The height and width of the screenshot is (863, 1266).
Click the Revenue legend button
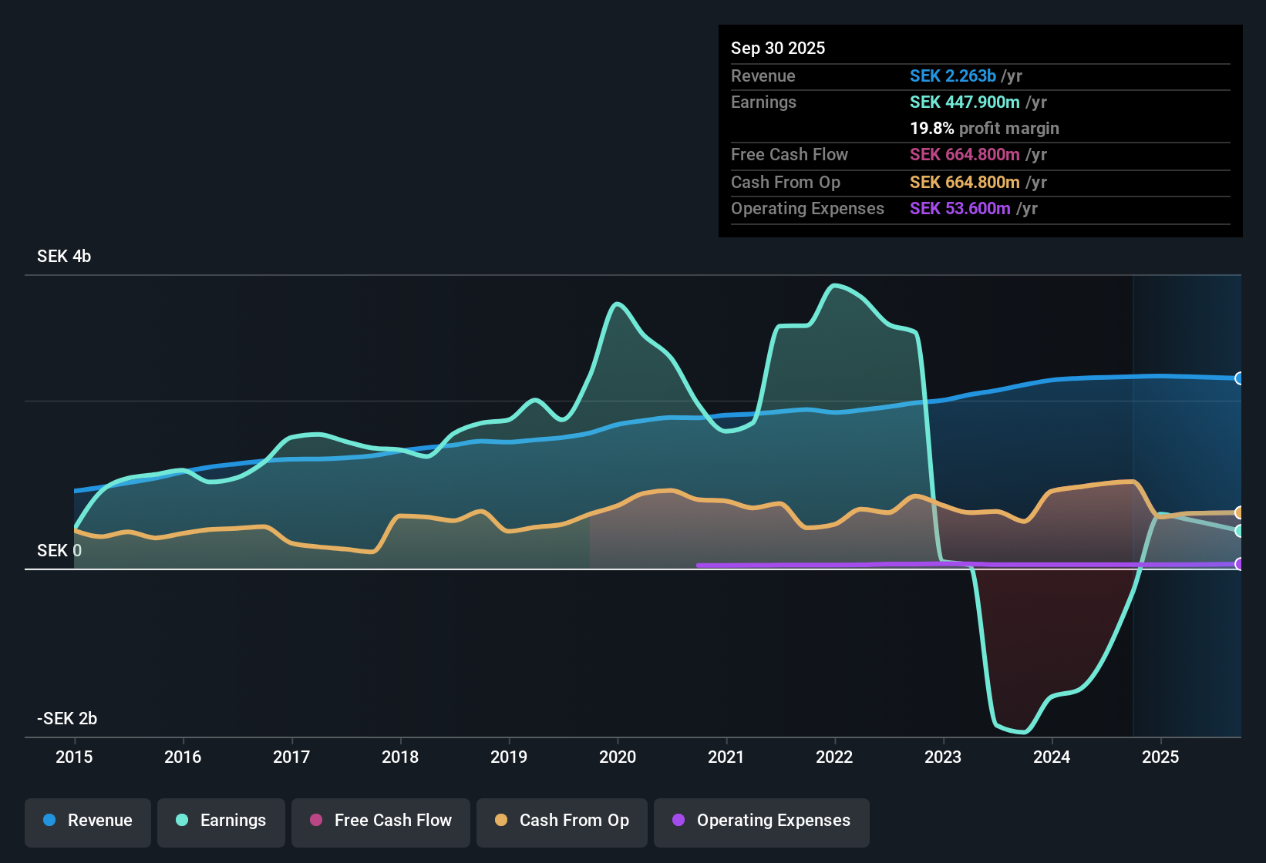(x=88, y=821)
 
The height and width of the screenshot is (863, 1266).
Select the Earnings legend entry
(x=221, y=821)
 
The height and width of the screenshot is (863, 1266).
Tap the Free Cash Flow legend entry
(x=381, y=821)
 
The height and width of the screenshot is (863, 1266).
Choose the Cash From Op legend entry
(x=562, y=821)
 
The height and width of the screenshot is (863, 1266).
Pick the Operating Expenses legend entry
(x=762, y=821)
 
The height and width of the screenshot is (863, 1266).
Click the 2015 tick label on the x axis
(x=74, y=757)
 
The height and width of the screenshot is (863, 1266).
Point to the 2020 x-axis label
(x=618, y=757)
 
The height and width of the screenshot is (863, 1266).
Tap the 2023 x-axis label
(x=943, y=757)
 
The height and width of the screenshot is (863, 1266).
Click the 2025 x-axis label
(x=1160, y=757)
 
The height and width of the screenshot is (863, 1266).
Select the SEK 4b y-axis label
(x=64, y=257)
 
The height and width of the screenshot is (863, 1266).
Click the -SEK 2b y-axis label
(x=67, y=719)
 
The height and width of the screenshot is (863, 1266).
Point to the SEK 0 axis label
(x=59, y=551)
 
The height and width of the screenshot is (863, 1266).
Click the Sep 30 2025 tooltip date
(x=778, y=49)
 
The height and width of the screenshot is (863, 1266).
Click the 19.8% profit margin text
(x=984, y=129)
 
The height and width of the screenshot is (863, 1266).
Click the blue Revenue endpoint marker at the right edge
(x=1239, y=378)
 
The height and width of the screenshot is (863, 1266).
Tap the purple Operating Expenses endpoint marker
(x=1239, y=564)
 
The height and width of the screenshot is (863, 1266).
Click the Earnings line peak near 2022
(x=834, y=286)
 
